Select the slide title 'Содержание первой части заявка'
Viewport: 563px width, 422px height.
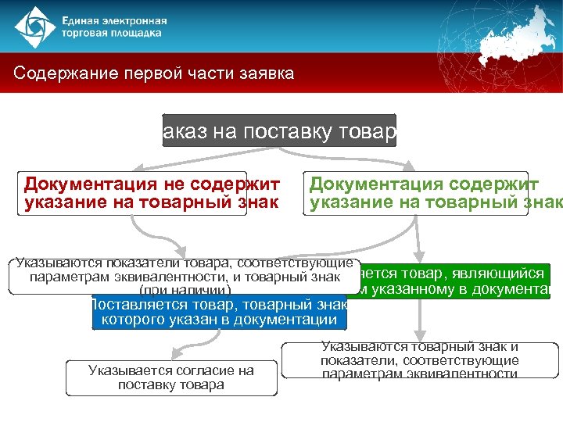coord(154,74)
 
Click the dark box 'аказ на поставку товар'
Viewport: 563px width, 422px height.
coord(279,131)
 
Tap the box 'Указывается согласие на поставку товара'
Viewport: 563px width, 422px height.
coord(171,377)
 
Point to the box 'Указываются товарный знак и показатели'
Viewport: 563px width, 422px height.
coord(420,360)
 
